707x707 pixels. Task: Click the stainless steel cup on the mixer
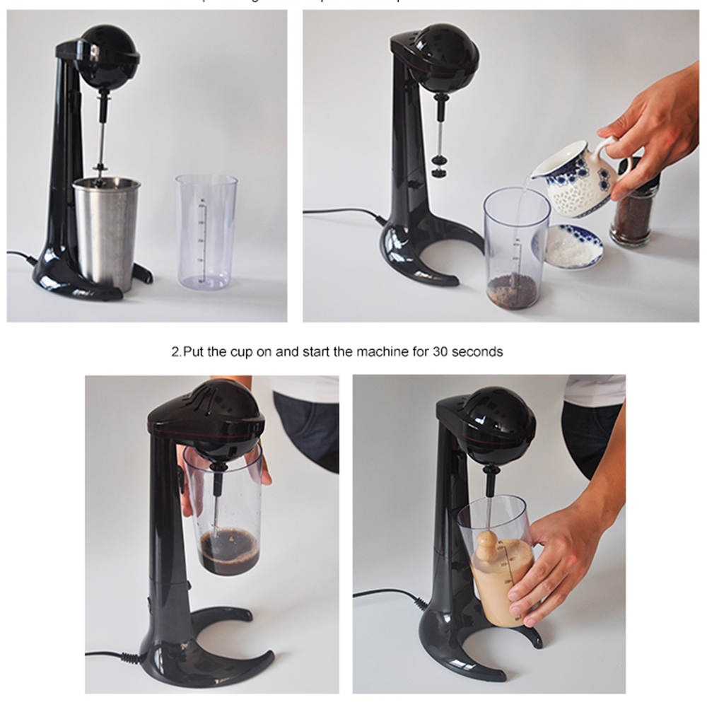point(106,230)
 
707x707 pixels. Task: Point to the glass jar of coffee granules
point(633,212)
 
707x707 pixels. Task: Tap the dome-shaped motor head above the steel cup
point(107,57)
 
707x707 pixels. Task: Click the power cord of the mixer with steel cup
point(21,256)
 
